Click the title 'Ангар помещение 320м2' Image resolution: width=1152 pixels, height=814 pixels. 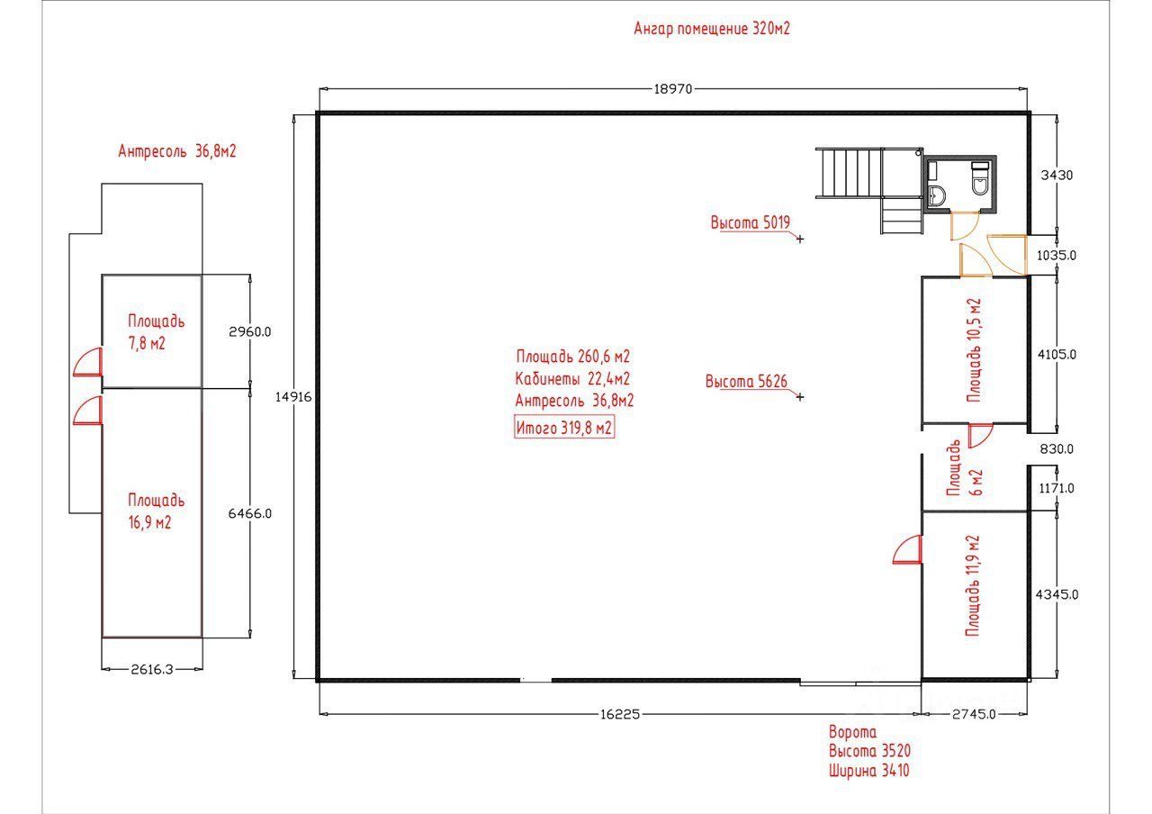[712, 28]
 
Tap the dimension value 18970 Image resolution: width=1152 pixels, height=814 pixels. [673, 88]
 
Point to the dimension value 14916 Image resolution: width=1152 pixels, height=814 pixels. [293, 396]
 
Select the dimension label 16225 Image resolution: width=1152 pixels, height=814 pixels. [618, 714]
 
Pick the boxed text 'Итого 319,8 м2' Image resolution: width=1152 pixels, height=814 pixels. [564, 429]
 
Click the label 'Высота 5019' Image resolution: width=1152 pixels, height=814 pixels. [750, 222]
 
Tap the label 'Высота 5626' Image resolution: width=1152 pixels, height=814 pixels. [746, 382]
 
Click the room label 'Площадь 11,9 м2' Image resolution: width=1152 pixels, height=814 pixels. [972, 586]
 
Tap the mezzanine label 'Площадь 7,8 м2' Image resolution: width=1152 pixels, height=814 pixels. [156, 331]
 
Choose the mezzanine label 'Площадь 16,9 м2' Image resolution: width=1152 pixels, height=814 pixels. [156, 511]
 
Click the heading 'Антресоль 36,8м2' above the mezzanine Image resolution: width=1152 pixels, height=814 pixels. [177, 151]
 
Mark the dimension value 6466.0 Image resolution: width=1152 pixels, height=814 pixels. [250, 513]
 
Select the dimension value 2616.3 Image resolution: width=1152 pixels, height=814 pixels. [152, 669]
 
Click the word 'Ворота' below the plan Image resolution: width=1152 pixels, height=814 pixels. [851, 733]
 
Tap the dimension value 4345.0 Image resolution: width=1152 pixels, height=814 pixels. [1057, 594]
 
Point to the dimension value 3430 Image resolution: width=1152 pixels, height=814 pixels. [1057, 176]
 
